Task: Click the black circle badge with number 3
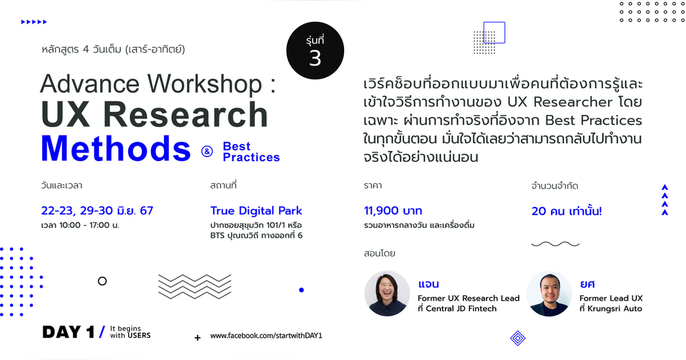(315, 51)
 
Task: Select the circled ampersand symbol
(206, 151)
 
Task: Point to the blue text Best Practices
(251, 152)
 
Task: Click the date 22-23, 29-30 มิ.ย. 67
(97, 210)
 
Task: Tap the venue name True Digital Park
(256, 210)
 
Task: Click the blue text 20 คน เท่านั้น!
(567, 210)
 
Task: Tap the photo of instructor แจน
(387, 293)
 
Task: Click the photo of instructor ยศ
(549, 293)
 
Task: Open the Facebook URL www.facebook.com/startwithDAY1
(266, 335)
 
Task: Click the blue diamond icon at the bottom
(517, 338)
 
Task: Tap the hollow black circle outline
(102, 281)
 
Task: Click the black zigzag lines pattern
(195, 285)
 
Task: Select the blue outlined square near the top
(494, 33)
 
